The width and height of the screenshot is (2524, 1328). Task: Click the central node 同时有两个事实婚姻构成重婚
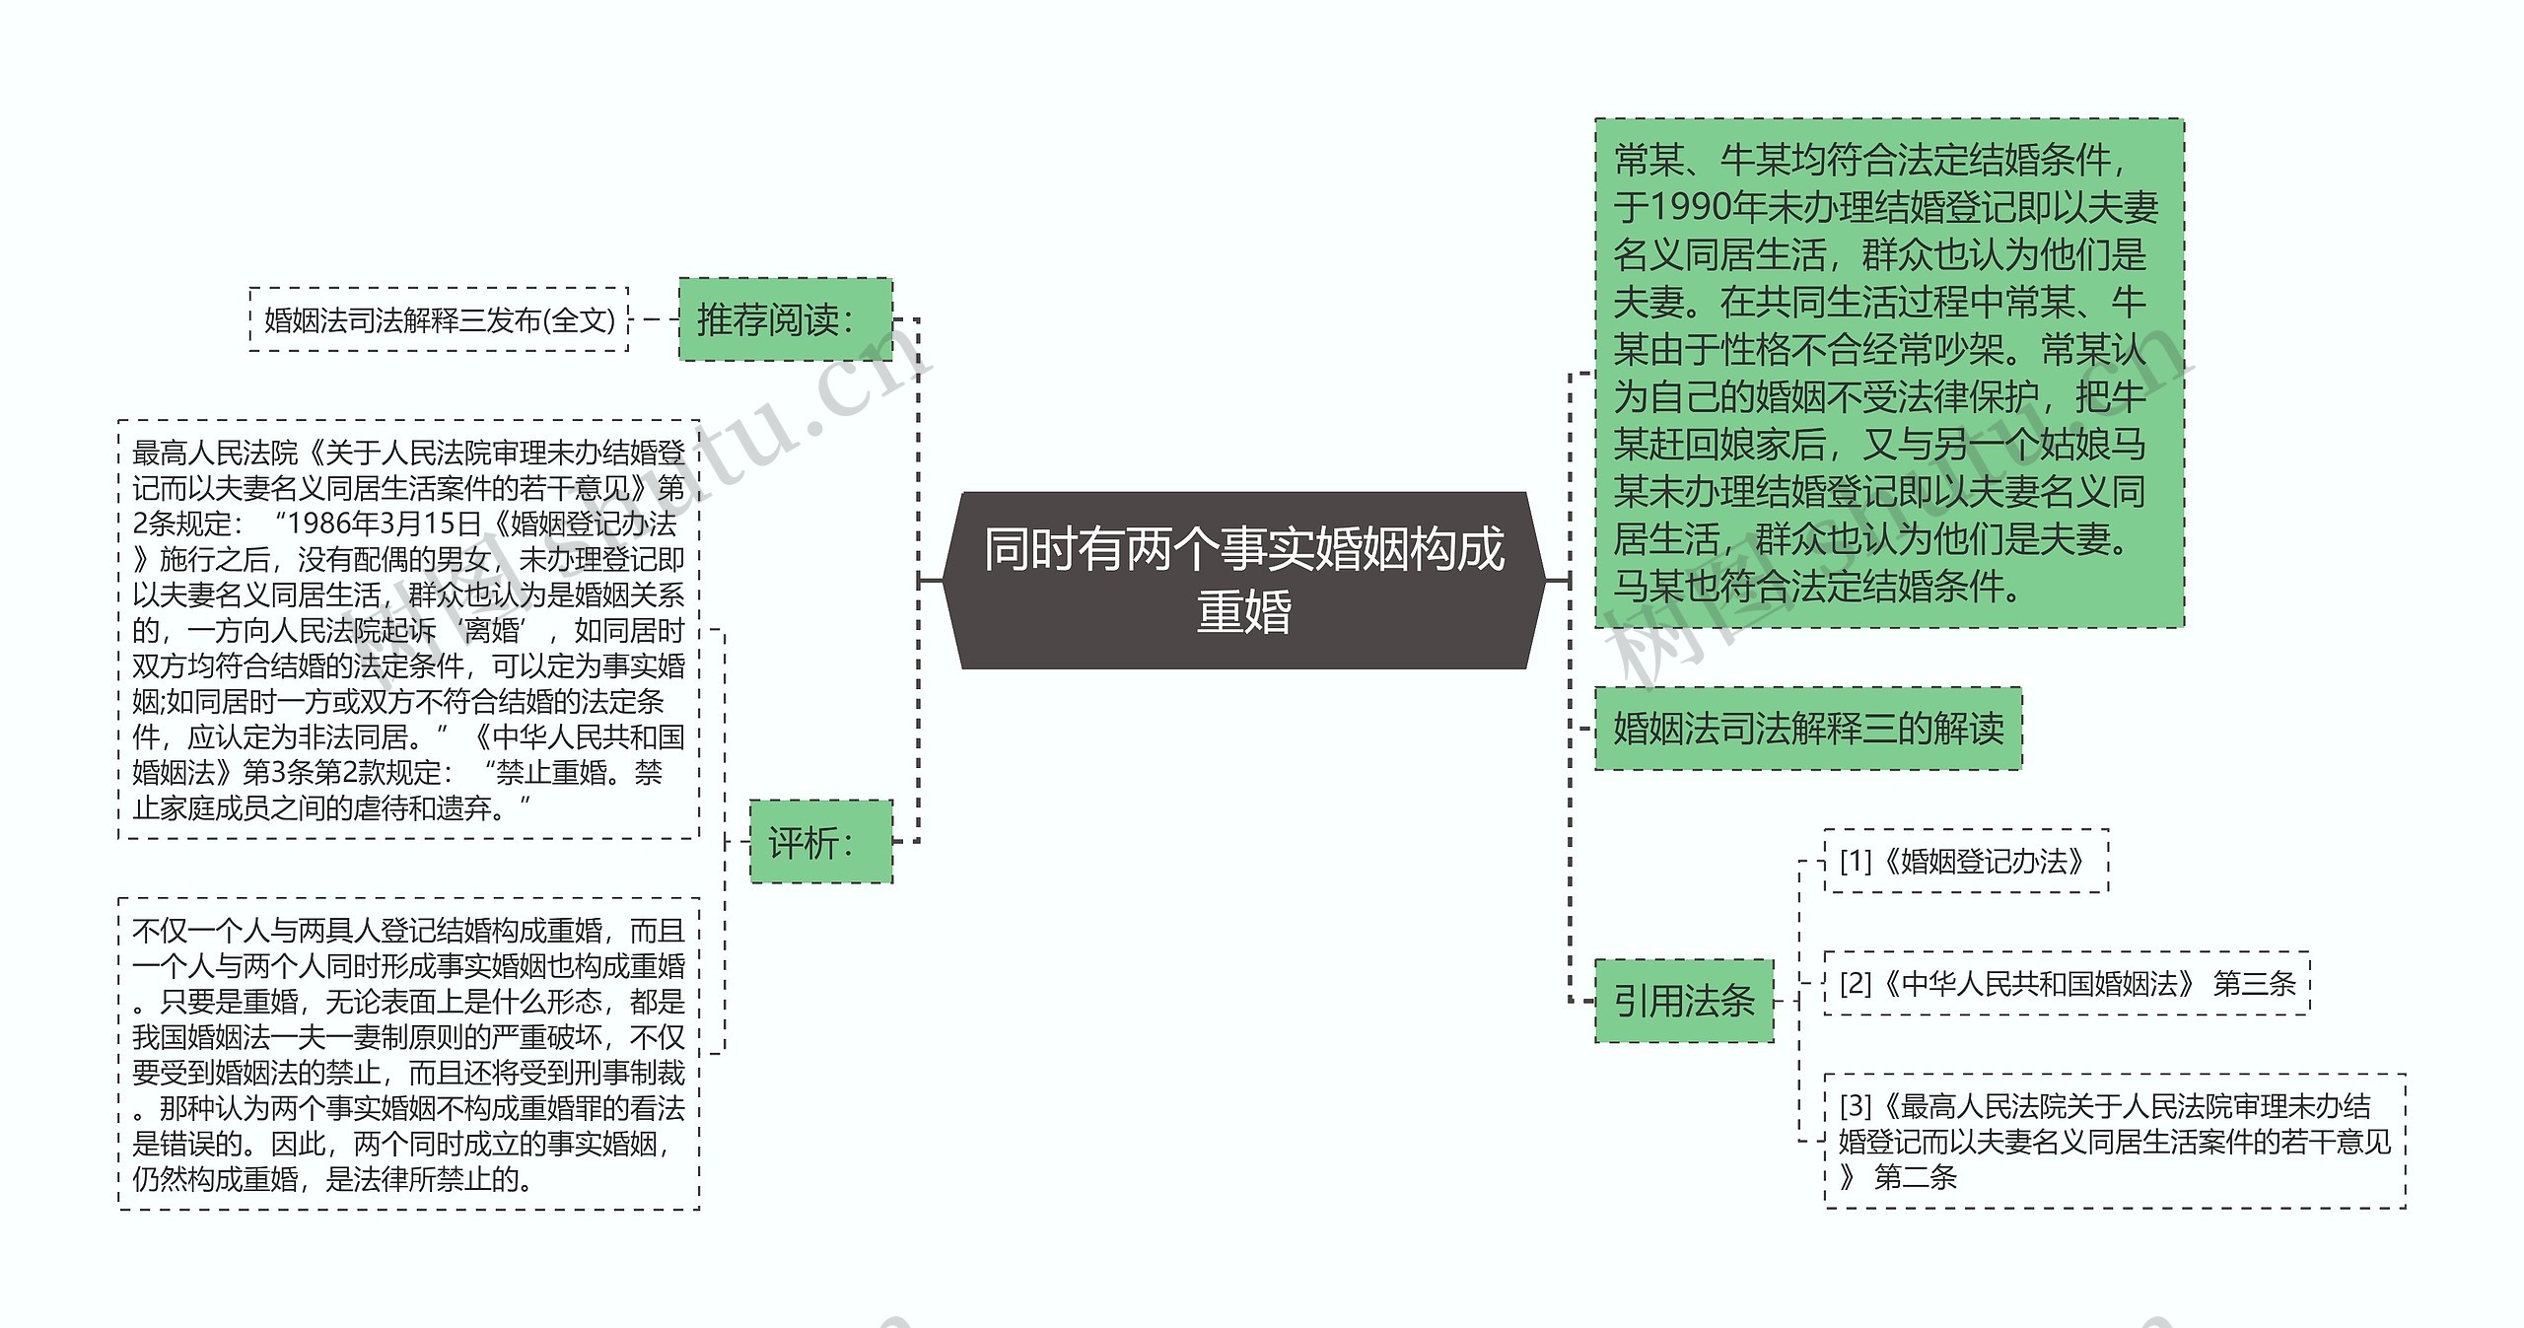[x=1244, y=580]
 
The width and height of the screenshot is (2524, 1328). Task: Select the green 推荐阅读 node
[x=785, y=319]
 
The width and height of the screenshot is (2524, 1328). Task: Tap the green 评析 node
[x=820, y=842]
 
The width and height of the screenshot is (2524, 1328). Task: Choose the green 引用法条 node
[x=1684, y=1001]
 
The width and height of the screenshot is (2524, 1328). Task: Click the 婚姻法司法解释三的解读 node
[x=1808, y=729]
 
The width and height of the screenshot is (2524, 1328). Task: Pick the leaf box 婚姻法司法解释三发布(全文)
[x=440, y=320]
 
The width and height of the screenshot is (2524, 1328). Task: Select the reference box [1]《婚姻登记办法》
[x=1965, y=862]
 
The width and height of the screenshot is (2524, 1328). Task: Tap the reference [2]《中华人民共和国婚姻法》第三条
[x=2067, y=983]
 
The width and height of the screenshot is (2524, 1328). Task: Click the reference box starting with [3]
[x=2114, y=1141]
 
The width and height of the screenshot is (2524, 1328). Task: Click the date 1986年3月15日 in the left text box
[x=385, y=524]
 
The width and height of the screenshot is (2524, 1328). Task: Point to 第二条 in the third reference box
[x=1915, y=1177]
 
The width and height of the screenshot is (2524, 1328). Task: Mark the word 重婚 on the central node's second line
[x=1244, y=612]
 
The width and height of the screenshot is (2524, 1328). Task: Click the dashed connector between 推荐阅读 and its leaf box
[x=654, y=319]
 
